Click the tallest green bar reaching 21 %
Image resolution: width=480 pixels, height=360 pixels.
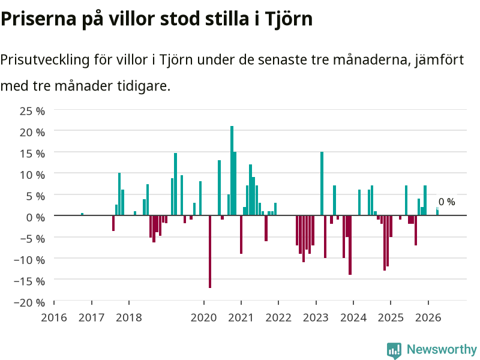point(232,170)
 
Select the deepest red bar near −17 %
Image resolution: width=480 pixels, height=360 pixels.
point(210,251)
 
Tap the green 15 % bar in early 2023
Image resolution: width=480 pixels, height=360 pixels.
point(322,184)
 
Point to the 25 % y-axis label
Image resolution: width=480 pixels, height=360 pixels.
point(32,111)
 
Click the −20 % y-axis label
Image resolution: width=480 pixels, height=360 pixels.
point(29,302)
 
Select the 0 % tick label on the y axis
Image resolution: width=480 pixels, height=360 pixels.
point(35,217)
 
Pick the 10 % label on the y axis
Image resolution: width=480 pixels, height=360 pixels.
point(32,175)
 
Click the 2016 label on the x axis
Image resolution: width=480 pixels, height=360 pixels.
point(54,317)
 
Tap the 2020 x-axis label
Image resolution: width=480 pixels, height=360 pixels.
point(203,317)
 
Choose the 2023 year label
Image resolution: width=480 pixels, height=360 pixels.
point(316,317)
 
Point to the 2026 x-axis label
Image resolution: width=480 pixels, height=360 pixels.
point(428,317)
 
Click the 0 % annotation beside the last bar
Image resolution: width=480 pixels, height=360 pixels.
point(446,202)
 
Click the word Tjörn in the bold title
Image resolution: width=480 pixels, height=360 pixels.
point(289,19)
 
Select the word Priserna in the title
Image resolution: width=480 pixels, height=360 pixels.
point(38,19)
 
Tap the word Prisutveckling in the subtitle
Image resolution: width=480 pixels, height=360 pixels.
point(44,59)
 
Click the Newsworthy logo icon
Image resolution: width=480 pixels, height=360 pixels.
point(394,350)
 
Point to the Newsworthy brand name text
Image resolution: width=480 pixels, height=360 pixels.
point(442,349)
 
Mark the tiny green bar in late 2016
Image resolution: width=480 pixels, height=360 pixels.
point(82,214)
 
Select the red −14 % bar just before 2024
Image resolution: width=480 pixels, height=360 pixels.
point(350,245)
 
